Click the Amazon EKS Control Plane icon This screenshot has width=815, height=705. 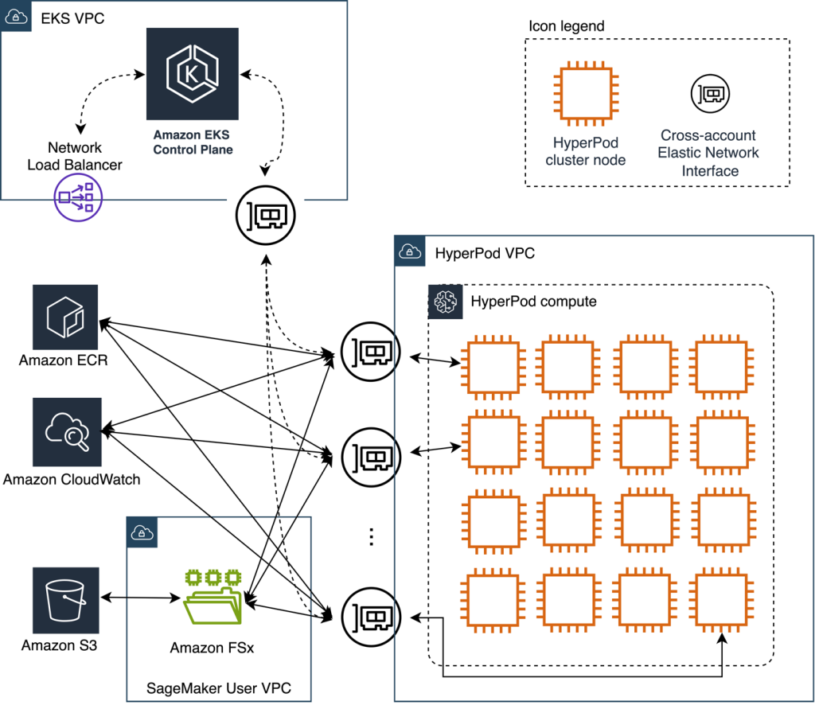tap(192, 74)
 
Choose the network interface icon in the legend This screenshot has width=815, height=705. tap(708, 94)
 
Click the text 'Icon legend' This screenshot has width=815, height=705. tap(566, 26)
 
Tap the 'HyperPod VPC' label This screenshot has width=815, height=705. tap(485, 254)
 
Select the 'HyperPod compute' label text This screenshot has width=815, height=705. tap(533, 302)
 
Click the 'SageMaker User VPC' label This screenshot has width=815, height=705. tap(218, 687)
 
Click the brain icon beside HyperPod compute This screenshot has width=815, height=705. tap(444, 302)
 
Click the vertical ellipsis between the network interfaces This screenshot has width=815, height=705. tap(371, 537)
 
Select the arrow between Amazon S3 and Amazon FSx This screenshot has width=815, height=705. tap(139, 598)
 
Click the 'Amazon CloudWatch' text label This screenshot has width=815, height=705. tap(72, 479)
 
